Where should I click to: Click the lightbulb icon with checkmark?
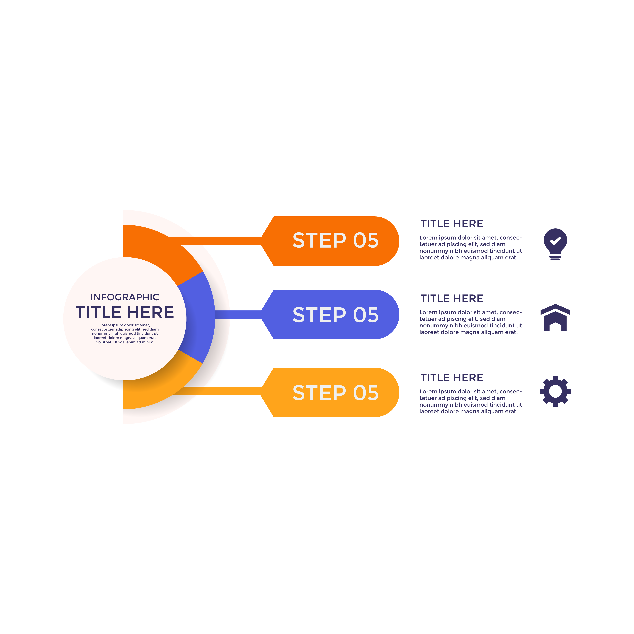click(555, 244)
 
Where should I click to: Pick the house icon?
click(555, 318)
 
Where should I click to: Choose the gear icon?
click(555, 391)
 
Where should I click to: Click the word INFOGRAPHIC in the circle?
click(125, 297)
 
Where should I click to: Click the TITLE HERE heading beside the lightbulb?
click(452, 224)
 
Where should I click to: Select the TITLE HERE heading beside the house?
click(452, 298)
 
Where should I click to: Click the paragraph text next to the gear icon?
click(471, 401)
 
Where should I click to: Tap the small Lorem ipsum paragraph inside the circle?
click(125, 333)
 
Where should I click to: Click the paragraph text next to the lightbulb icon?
click(471, 247)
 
